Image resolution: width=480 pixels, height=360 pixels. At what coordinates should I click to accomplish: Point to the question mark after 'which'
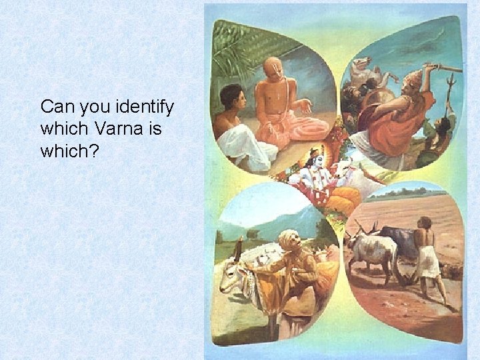(94, 151)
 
